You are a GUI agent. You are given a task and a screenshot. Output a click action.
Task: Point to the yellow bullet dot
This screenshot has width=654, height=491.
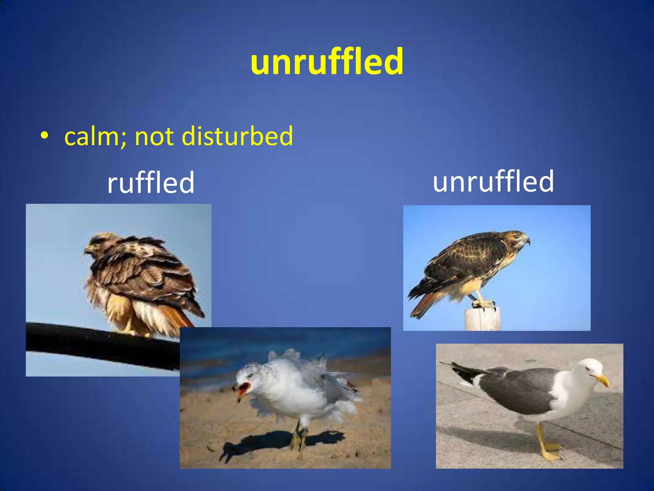click(44, 136)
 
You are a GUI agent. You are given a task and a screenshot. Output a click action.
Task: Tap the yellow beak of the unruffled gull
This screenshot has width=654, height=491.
click(602, 380)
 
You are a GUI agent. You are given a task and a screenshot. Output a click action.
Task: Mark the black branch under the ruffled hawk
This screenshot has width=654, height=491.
click(96, 345)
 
